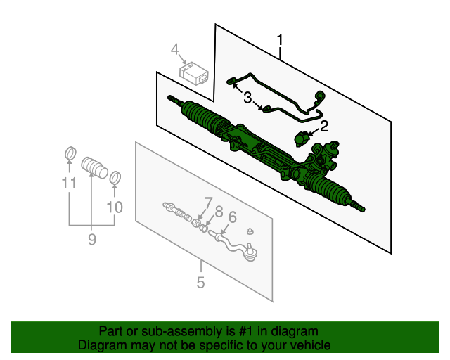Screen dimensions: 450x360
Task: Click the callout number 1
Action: [280, 40]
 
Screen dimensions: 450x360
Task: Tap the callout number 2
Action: [324, 127]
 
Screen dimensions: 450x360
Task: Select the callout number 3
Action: [247, 98]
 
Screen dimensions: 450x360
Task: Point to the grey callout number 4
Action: [174, 49]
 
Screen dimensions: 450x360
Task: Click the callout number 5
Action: [201, 283]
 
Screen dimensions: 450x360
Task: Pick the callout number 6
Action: [232, 217]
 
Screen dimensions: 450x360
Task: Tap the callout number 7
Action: [209, 203]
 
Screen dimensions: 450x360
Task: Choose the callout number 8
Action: [219, 212]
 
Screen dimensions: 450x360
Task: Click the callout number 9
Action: [92, 239]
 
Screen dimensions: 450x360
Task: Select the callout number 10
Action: [115, 207]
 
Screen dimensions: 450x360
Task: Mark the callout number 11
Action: [69, 183]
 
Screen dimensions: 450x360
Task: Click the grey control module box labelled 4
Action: [194, 74]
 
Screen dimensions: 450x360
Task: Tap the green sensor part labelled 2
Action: [302, 139]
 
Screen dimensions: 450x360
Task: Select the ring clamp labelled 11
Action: [70, 153]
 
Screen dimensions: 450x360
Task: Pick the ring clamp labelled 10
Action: [115, 178]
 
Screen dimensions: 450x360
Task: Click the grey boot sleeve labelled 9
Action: [94, 167]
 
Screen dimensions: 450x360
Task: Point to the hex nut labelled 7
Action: [196, 222]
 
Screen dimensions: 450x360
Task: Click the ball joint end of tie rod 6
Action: [250, 252]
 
